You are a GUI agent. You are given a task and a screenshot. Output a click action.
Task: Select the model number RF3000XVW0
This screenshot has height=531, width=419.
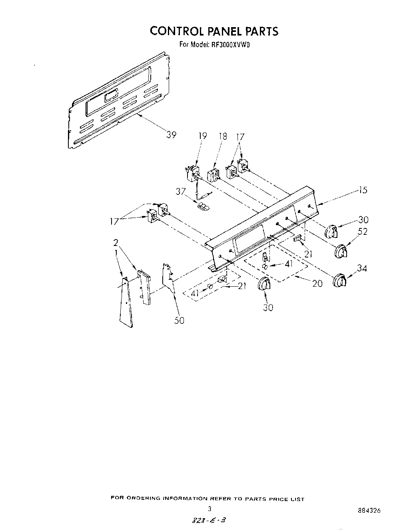coord(229,45)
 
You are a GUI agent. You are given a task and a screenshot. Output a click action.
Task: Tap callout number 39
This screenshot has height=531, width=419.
coord(172,135)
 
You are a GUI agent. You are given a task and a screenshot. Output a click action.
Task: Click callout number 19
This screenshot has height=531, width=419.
coord(203,137)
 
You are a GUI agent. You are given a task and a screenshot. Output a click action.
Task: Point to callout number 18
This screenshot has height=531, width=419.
coord(223,137)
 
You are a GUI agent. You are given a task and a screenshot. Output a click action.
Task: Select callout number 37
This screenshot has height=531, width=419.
coord(180,192)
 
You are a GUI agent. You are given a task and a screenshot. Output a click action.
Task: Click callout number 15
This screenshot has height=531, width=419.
coord(362,190)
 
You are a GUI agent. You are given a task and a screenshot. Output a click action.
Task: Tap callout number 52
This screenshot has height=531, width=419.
coord(363,232)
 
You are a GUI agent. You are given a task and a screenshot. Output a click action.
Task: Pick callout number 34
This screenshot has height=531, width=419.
coord(362,268)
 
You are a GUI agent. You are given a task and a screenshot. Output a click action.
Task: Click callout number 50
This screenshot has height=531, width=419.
coord(180,320)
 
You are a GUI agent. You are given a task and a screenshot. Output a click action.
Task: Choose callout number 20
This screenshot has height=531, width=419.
coord(317,283)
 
